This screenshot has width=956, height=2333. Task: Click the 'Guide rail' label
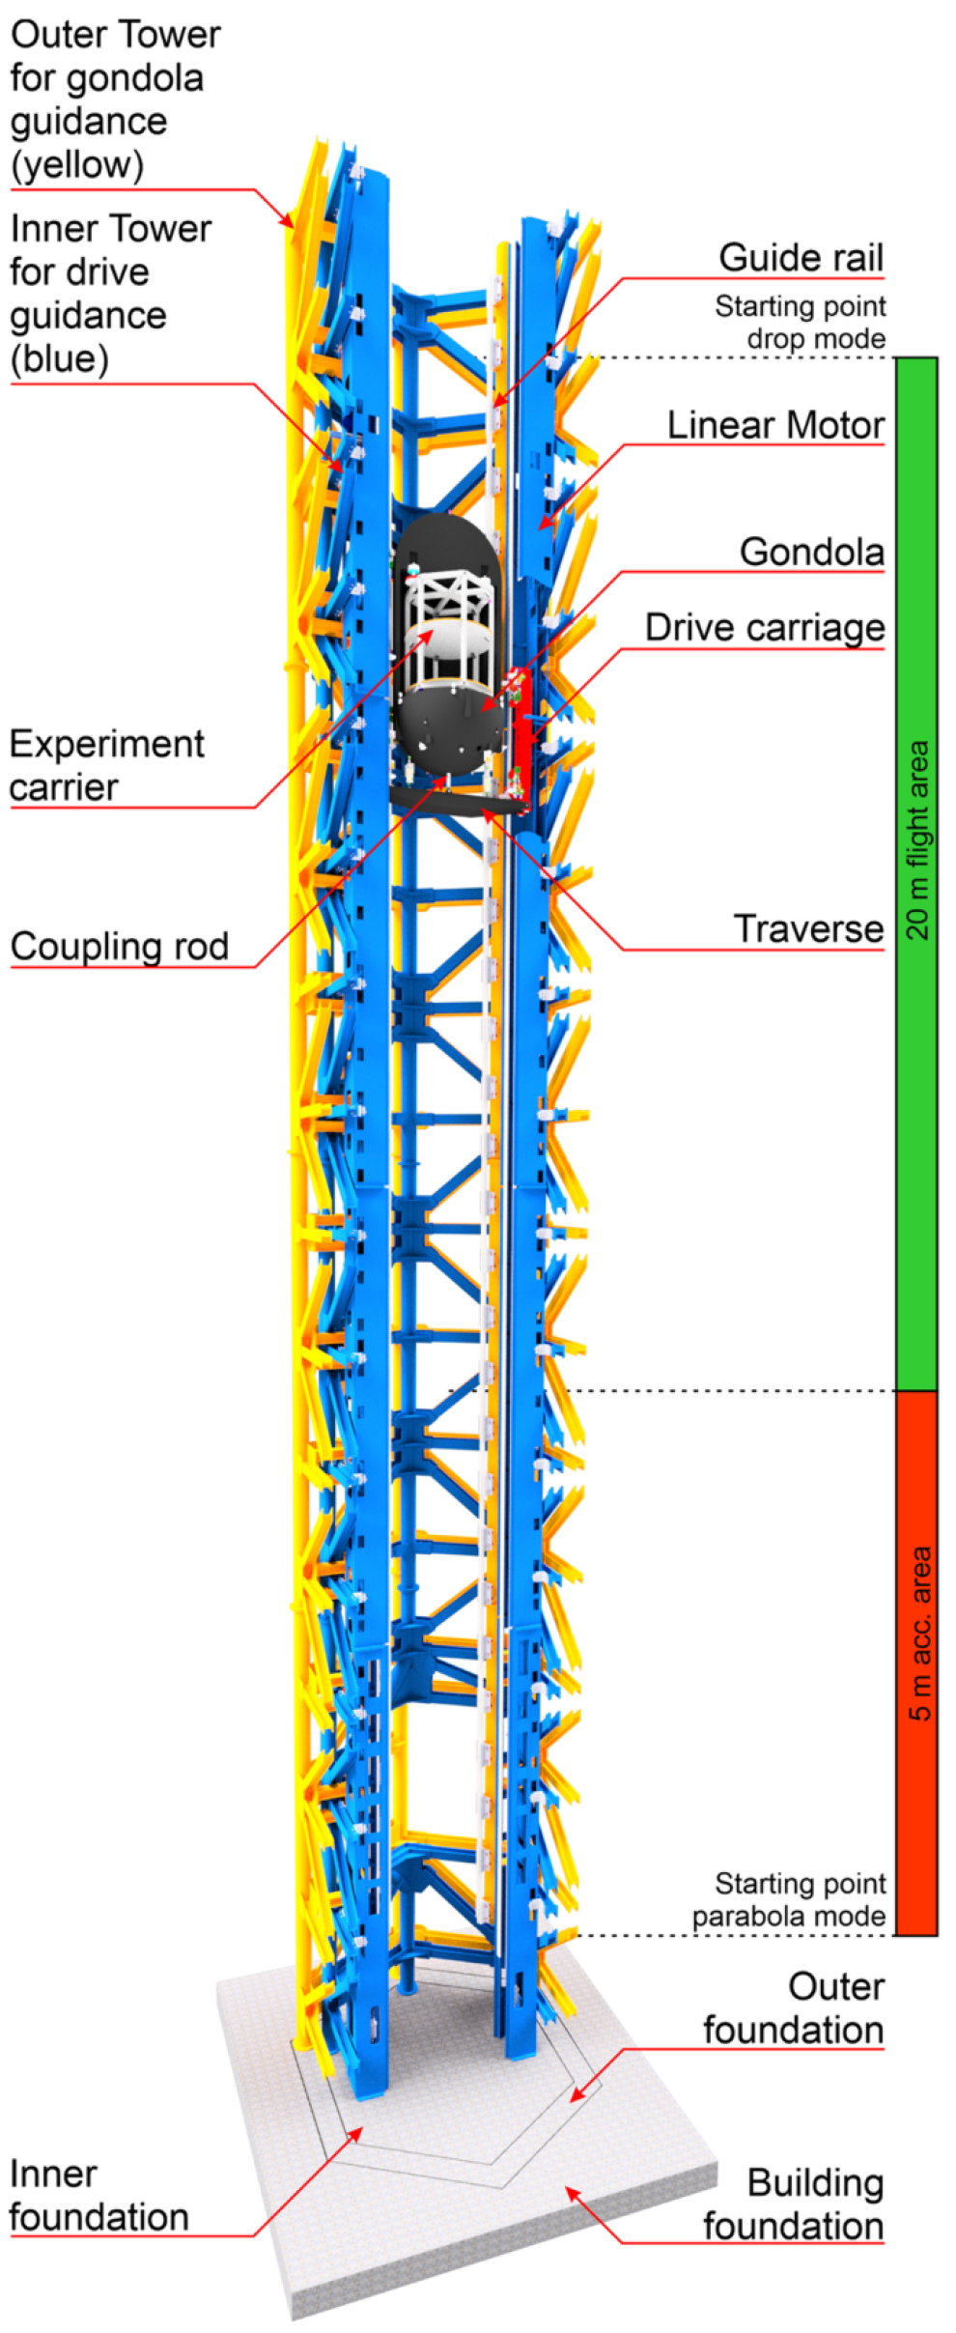(x=801, y=258)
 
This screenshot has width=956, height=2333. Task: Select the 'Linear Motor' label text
(x=775, y=425)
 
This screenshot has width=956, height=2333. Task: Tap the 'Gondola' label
(x=811, y=552)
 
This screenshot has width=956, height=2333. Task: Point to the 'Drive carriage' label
(x=764, y=628)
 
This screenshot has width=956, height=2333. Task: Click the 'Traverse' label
(x=808, y=928)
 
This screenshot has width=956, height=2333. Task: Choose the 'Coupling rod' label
(x=120, y=947)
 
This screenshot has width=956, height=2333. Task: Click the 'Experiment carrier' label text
(x=106, y=765)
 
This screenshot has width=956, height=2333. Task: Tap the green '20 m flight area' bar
(x=917, y=873)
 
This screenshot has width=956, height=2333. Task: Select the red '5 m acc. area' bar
(x=917, y=1663)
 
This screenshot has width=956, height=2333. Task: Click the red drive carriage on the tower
(x=522, y=715)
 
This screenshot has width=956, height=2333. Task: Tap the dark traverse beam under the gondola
(x=459, y=799)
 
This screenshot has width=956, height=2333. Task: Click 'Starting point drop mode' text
(x=801, y=322)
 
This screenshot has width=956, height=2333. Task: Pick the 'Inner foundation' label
(x=98, y=2195)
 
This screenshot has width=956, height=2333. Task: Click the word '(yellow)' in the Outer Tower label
(x=77, y=165)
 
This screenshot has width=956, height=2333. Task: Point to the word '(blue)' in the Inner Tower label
(x=59, y=359)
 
